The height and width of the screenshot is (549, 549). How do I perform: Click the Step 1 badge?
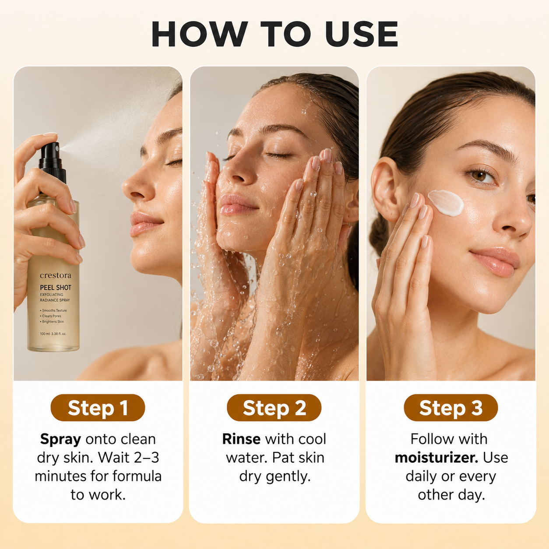point(98,408)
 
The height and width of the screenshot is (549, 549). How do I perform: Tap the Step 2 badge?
point(274,408)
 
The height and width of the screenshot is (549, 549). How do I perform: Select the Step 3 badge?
point(450,408)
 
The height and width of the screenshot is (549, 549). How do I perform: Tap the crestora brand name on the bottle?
point(56,275)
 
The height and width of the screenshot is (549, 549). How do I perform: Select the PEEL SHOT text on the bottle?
point(56,288)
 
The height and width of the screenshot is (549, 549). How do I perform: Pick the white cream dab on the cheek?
point(446,203)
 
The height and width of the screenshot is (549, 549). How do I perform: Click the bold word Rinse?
point(241,439)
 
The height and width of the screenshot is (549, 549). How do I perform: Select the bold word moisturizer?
point(436,457)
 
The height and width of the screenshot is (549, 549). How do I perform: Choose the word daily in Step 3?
point(421,477)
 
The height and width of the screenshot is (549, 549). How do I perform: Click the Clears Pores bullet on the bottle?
point(51,316)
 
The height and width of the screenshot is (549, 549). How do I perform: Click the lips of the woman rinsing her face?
point(237,204)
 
